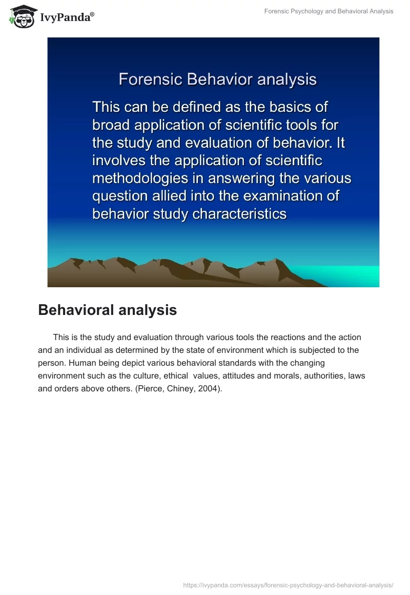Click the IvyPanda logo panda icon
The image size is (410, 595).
point(21,16)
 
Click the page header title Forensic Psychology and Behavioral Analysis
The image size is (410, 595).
point(329,11)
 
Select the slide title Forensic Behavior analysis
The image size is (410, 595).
point(217,80)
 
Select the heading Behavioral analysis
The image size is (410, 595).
point(108,310)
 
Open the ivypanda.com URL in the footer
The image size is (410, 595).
point(288,585)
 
